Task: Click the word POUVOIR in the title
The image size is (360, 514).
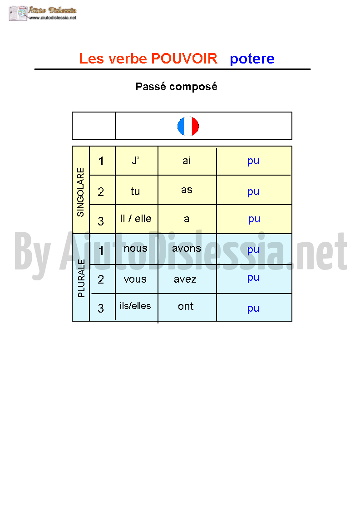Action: tap(184, 59)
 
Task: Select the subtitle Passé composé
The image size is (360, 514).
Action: tap(176, 87)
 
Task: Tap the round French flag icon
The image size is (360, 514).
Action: tap(188, 126)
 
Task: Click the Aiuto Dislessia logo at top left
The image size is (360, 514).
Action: tap(43, 14)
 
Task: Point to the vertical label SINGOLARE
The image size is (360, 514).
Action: tap(81, 192)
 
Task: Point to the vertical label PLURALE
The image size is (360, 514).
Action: tap(81, 278)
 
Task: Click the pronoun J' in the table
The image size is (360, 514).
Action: tap(135, 161)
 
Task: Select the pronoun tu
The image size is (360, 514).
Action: tap(135, 191)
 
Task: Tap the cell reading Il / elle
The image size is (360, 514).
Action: tap(136, 219)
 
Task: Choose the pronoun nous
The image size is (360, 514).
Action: tap(136, 249)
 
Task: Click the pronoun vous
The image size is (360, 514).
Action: tap(135, 279)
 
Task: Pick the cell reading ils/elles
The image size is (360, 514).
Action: tap(135, 305)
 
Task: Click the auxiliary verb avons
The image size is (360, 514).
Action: tap(187, 249)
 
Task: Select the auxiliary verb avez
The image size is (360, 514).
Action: tap(185, 279)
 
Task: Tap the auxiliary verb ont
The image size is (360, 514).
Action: tap(186, 306)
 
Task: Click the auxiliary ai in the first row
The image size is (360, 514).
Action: tap(187, 161)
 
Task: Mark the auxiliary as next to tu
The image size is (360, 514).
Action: tap(187, 190)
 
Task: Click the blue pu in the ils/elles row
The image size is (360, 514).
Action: tap(253, 308)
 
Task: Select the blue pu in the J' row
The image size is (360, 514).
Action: tap(253, 161)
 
